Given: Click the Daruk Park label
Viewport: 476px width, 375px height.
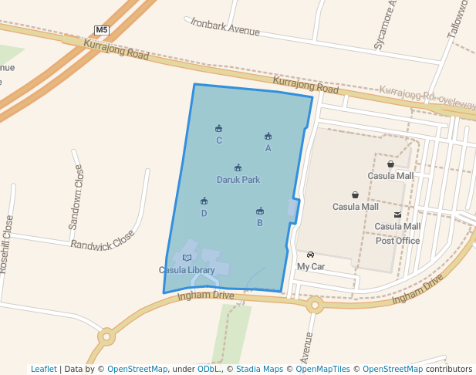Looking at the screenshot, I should [238, 180].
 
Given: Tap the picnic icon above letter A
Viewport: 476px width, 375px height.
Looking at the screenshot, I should [268, 137].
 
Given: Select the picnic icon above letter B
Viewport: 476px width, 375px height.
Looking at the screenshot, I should [260, 211].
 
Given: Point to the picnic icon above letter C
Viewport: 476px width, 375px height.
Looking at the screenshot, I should [219, 129].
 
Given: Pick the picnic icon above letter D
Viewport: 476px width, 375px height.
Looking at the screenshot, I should [204, 201].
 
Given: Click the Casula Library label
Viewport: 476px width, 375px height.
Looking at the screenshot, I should [187, 270].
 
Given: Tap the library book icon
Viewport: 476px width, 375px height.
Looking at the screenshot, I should [187, 258].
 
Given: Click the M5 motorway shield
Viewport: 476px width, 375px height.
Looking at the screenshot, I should [102, 30].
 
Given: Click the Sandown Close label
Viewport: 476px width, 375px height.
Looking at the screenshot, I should [76, 197].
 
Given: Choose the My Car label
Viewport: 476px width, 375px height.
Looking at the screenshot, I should [311, 267].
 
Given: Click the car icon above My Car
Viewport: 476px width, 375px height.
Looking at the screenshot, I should [310, 255].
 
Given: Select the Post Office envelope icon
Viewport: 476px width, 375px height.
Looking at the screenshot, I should [397, 215].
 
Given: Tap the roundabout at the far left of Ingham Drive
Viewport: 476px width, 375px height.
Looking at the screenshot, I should [106, 336].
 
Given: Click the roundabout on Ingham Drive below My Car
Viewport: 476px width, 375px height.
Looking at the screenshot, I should [315, 306].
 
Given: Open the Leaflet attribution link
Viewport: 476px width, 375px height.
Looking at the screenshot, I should [44, 369].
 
